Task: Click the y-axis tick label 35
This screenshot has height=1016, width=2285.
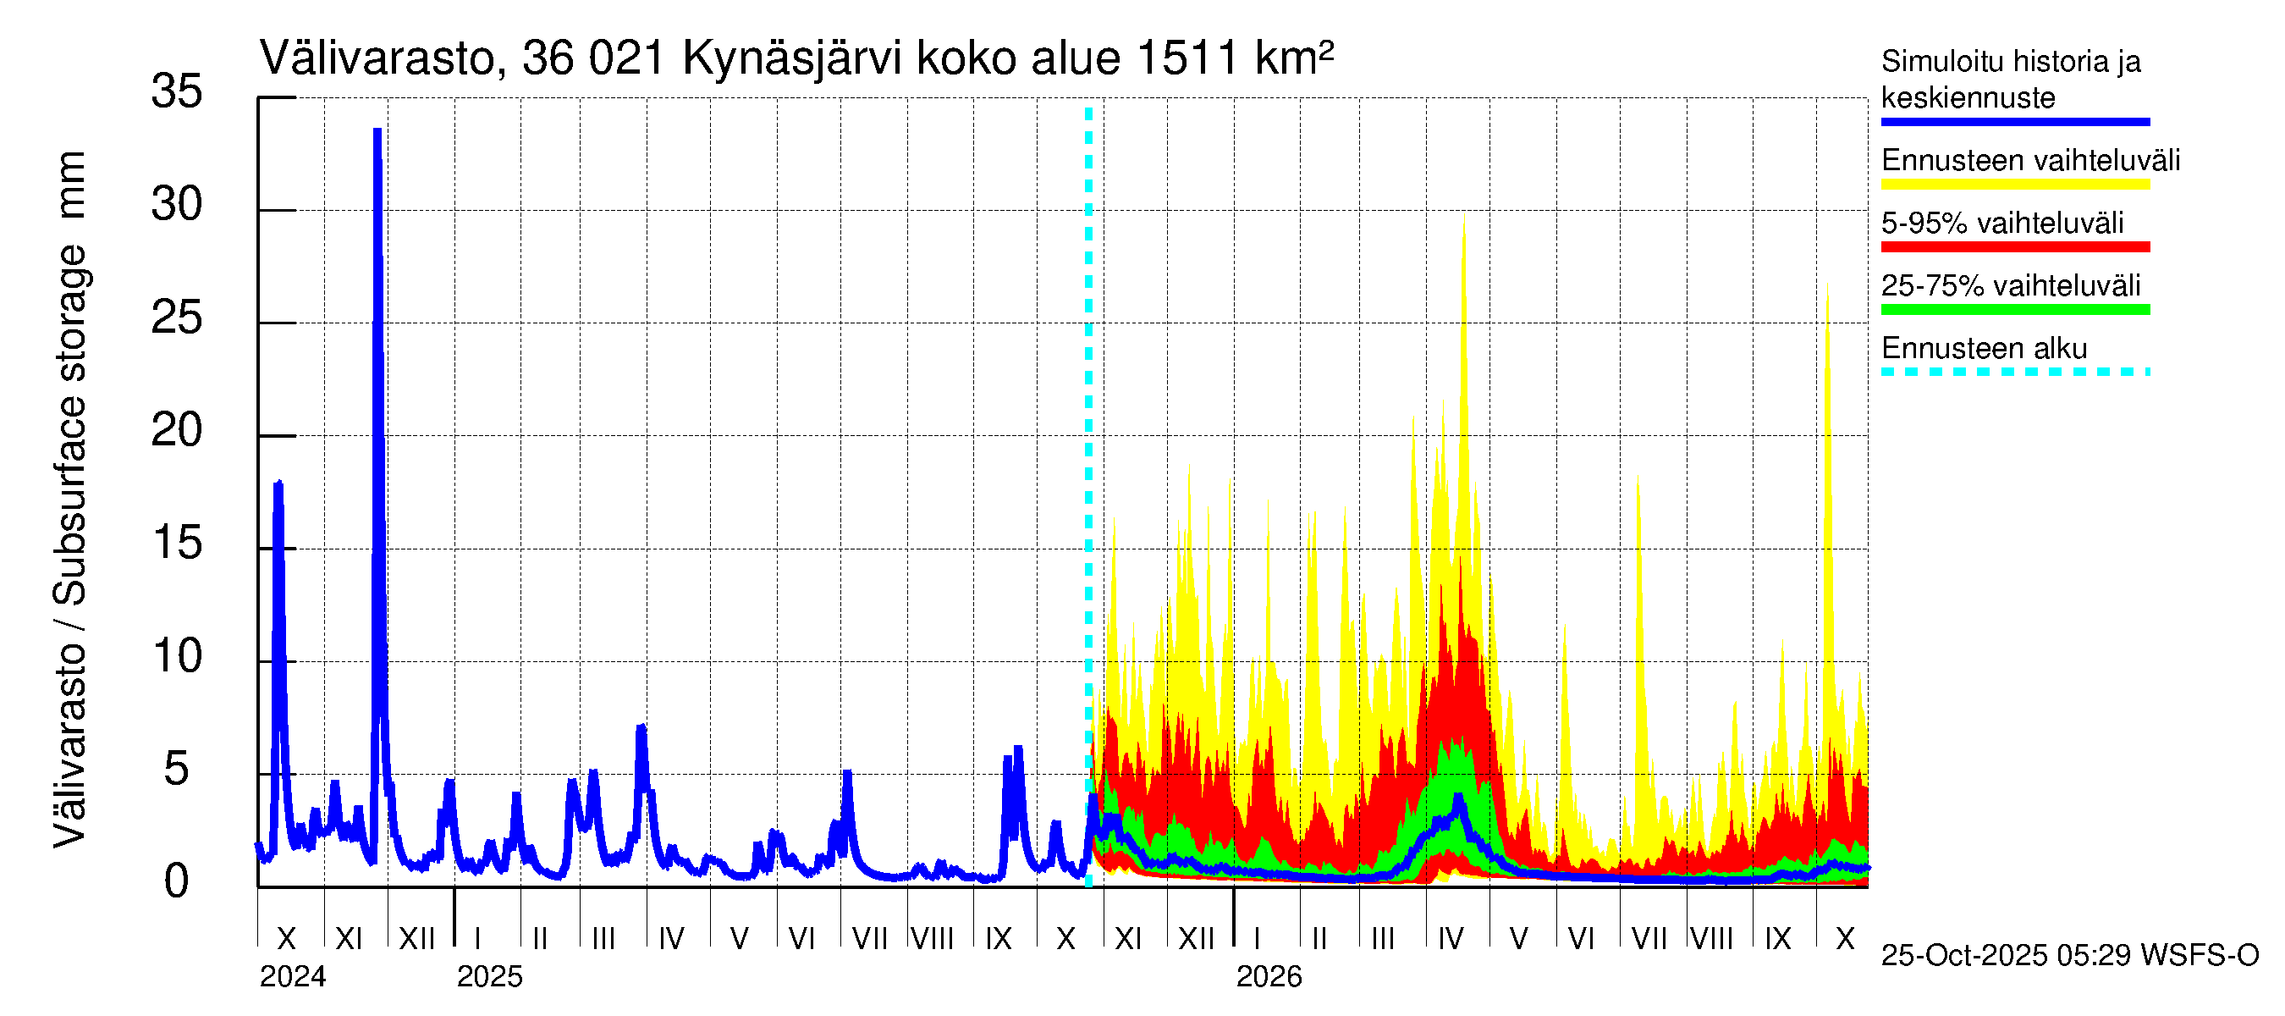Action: (x=177, y=91)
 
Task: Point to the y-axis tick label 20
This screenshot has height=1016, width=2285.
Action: (x=177, y=431)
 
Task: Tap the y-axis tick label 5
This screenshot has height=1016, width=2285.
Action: (x=177, y=770)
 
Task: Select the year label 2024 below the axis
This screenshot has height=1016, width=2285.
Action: (x=293, y=977)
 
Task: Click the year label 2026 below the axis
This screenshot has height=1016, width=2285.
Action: (x=1269, y=977)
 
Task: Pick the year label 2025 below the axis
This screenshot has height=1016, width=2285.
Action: (x=490, y=977)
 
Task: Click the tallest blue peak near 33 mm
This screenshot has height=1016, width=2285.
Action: (x=377, y=133)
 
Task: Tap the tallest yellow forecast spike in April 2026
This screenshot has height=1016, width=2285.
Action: (x=1463, y=218)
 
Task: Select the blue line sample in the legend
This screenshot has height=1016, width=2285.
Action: (x=2014, y=122)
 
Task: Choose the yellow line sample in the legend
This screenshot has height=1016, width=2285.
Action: (x=2014, y=185)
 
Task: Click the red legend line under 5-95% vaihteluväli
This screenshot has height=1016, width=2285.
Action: (x=2014, y=246)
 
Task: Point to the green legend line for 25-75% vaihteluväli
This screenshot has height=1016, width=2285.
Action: (x=2014, y=310)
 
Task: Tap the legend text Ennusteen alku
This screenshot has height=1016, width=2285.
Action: (x=1985, y=349)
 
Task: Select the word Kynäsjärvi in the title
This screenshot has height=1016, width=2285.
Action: (x=791, y=59)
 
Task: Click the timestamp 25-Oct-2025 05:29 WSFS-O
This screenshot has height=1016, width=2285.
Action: (x=2069, y=956)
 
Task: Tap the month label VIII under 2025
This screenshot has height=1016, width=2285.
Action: (x=933, y=939)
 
